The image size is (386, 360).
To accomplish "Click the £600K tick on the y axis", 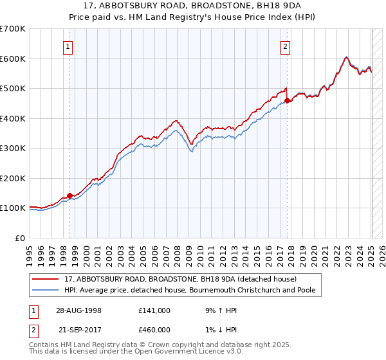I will pyautogui.click(x=13, y=59).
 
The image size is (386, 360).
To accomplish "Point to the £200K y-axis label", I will pyautogui.click(x=13, y=178).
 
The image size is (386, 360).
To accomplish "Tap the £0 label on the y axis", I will pyautogui.click(x=20, y=238).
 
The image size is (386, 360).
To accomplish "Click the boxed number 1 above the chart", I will pyautogui.click(x=68, y=46).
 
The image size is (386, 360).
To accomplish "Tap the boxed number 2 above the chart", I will pyautogui.click(x=285, y=46).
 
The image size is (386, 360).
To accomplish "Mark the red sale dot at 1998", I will pyautogui.click(x=70, y=195).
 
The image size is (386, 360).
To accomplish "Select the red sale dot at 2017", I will pyautogui.click(x=287, y=100).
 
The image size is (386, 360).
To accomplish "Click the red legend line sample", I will pyautogui.click(x=46, y=279).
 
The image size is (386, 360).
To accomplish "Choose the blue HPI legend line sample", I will pyautogui.click(x=46, y=290).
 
